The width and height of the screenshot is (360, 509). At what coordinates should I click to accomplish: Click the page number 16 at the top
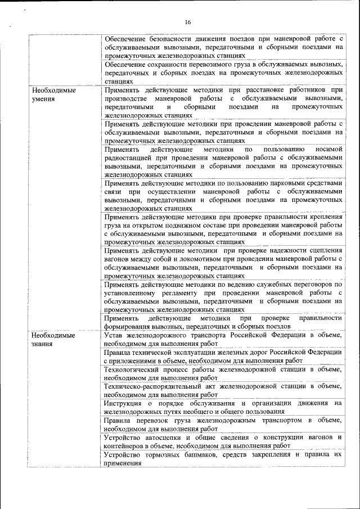pos(187,22)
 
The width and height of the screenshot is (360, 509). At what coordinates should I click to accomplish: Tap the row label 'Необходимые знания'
pos(53,339)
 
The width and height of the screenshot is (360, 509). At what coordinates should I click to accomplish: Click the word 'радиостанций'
pos(127,158)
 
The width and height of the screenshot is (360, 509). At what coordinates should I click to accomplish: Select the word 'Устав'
pos(115,335)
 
